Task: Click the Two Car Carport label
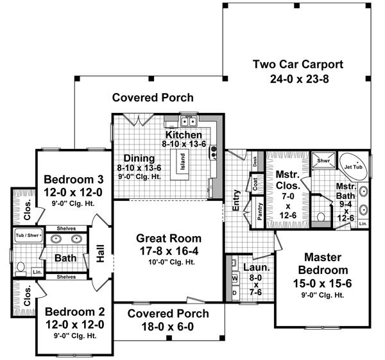[298, 64]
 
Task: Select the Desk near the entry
[255, 162]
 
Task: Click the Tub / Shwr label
[28, 236]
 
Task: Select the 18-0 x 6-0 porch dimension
[167, 327]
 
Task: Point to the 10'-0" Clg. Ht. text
[167, 255]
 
